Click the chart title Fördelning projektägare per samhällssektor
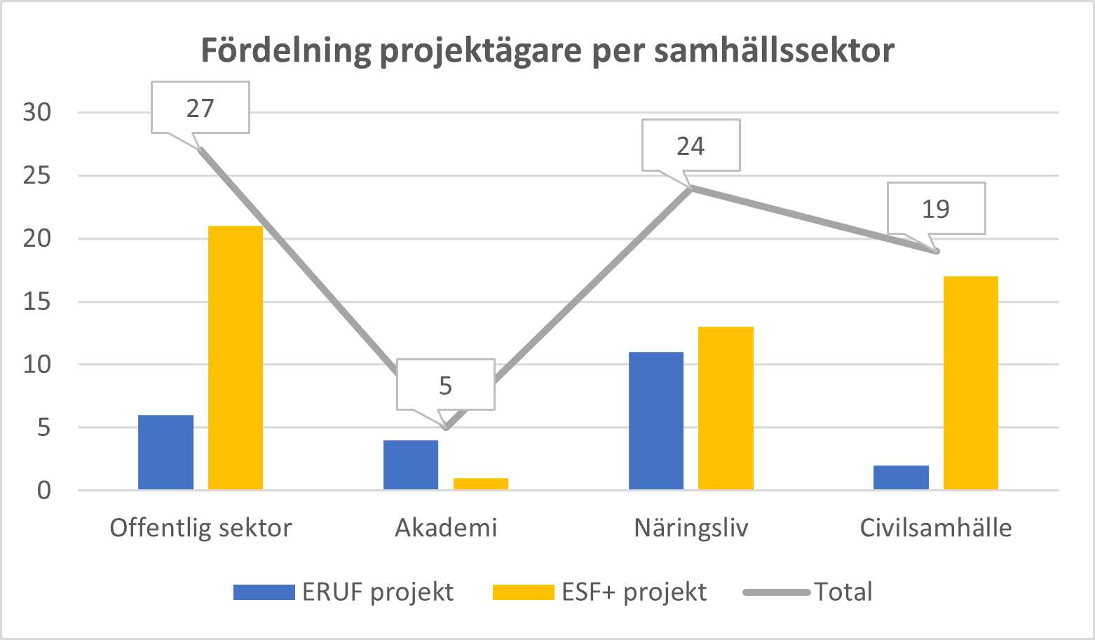point(547,50)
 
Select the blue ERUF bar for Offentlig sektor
point(165,452)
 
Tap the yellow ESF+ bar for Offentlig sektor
point(236,358)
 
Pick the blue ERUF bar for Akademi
point(411,465)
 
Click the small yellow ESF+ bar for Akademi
point(481,484)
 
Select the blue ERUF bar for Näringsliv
point(656,421)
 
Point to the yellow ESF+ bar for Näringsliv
point(726,408)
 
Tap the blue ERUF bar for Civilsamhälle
point(901,477)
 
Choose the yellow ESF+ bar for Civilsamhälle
point(971,383)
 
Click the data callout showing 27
point(200,108)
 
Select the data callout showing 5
point(446,385)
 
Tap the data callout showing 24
point(691,146)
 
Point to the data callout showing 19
point(936,209)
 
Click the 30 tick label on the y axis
point(37,112)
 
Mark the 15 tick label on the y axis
point(37,301)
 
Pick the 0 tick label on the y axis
point(44,490)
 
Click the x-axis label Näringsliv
point(691,528)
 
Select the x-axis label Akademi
point(446,528)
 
